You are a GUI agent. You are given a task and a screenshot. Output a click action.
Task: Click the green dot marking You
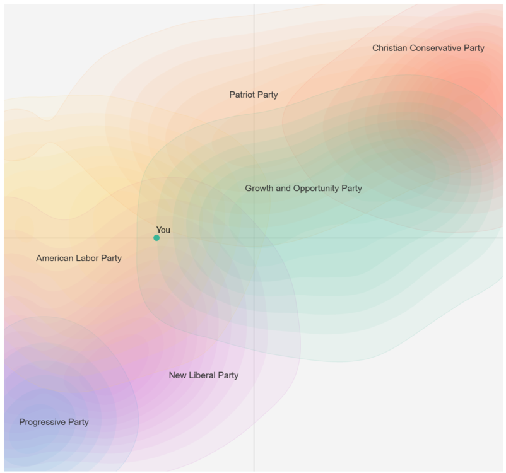pos(156,238)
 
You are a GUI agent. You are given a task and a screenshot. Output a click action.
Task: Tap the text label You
pos(163,230)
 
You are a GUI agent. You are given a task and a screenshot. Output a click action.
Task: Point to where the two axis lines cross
pos(254,238)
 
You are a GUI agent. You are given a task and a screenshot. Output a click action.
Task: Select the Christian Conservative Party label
pos(428,48)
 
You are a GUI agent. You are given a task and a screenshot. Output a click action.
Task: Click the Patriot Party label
pos(254,95)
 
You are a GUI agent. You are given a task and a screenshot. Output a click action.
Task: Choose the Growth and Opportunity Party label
pos(303,188)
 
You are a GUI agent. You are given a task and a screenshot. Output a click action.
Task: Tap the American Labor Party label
pos(79,258)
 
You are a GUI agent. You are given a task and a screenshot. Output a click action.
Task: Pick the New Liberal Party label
pos(204,375)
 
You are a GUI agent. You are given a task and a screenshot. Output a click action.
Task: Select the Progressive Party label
pos(54,422)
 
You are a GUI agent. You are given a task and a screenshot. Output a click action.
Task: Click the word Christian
pos(389,48)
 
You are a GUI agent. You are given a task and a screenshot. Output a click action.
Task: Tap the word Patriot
pos(242,95)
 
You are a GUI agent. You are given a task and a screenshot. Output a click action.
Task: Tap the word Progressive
pos(43,422)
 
